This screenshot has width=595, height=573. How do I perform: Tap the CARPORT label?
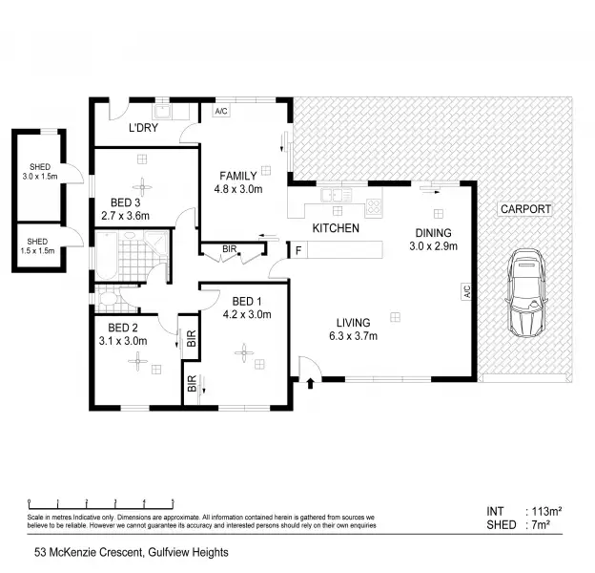(523, 209)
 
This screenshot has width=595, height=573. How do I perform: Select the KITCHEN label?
(336, 228)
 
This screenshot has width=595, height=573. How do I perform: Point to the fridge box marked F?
(299, 250)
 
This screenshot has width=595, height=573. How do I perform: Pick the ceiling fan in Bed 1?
(244, 355)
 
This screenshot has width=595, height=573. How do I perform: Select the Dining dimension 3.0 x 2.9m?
(434, 246)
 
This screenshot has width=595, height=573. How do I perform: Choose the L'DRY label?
(143, 128)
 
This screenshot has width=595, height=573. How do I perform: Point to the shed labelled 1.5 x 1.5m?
(38, 245)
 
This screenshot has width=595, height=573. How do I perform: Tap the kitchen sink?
(334, 197)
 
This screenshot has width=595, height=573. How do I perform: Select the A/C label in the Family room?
(221, 110)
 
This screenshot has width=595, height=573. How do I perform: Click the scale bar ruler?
(100, 502)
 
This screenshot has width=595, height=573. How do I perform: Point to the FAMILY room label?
(237, 176)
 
